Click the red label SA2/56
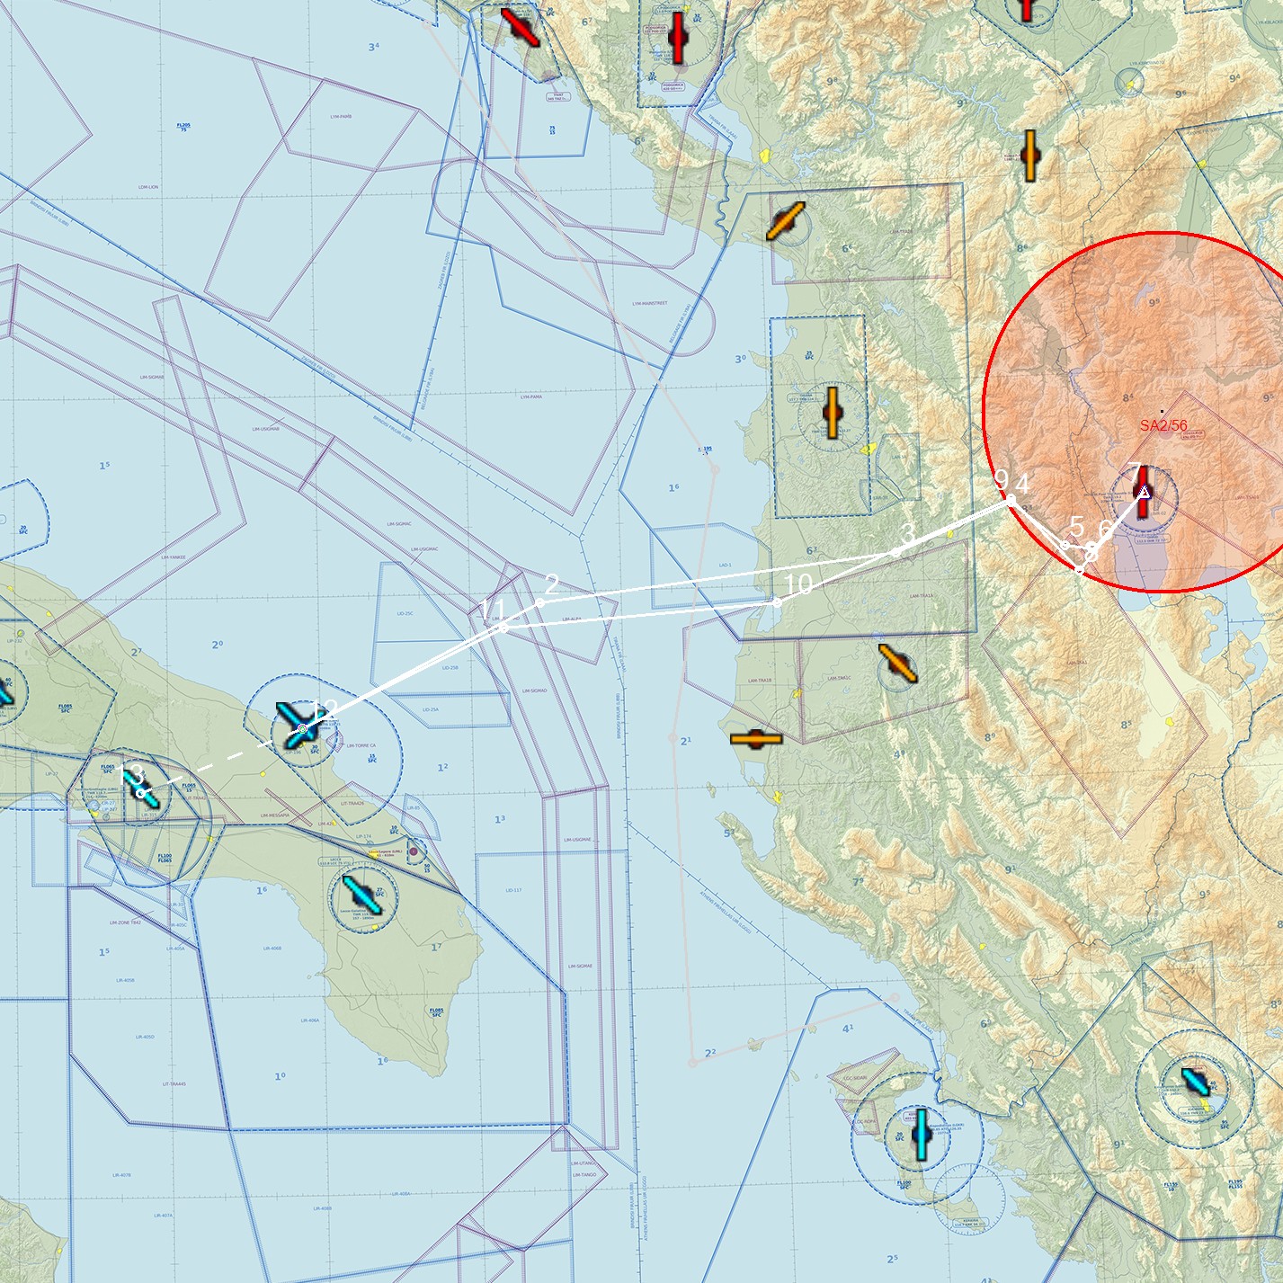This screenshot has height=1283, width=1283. [x=1163, y=425]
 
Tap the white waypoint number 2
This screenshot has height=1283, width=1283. [x=552, y=585]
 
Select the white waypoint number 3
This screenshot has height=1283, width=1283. [x=907, y=534]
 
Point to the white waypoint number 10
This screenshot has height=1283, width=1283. [x=798, y=584]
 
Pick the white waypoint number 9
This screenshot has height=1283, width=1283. [x=1001, y=481]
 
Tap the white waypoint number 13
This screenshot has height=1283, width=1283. [x=131, y=775]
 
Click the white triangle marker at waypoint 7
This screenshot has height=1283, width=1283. [x=1144, y=492]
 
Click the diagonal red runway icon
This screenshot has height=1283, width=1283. [x=520, y=26]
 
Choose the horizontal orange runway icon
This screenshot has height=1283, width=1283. [x=756, y=739]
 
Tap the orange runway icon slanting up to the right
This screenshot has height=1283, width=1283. [x=785, y=221]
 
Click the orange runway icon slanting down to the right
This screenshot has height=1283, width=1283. [x=897, y=663]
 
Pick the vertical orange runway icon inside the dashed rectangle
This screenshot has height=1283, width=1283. [x=832, y=413]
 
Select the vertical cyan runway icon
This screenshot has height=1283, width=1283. [x=922, y=1134]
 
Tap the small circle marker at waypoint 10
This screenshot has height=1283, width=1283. [x=778, y=603]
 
